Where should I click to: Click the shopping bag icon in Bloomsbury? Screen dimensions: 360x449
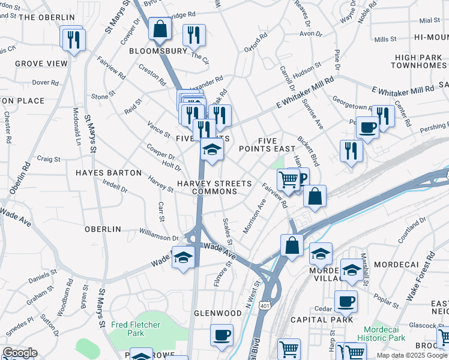(x=160, y=29)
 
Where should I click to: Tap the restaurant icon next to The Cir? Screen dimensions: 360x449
(x=194, y=35)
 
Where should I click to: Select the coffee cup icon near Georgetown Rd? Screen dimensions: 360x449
(x=367, y=127)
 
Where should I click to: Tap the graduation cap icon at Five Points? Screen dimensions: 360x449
(x=212, y=149)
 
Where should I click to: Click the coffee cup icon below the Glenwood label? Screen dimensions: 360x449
(x=221, y=334)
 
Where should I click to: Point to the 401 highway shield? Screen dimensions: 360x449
(x=264, y=305)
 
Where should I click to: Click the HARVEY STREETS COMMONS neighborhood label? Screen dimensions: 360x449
(x=206, y=187)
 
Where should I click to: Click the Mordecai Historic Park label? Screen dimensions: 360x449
(x=385, y=334)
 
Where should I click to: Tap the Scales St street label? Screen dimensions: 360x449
(x=227, y=230)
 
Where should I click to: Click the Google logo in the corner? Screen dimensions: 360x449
(x=19, y=353)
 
